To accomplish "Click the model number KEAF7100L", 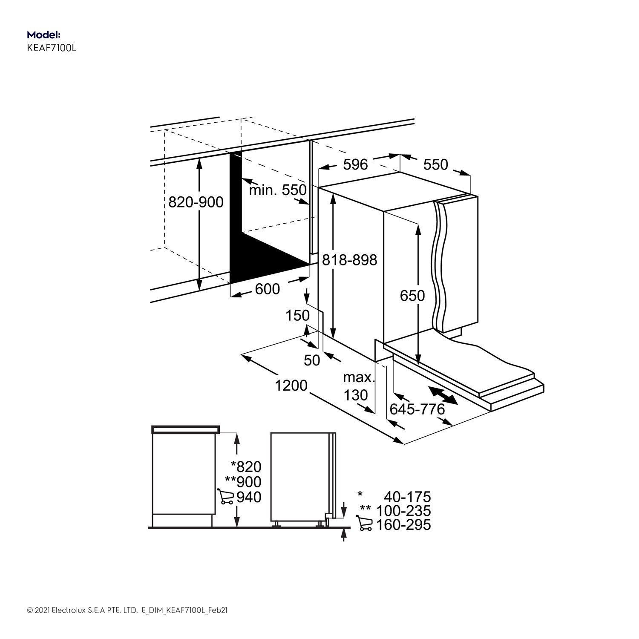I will coord(52,48).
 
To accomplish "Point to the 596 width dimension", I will coord(355,164).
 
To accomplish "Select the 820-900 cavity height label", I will coord(196,202).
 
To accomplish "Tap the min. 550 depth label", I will coord(277,190).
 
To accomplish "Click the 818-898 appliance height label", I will coord(349,259).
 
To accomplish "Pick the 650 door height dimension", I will coord(412,295).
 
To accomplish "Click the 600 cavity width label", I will coord(268,289).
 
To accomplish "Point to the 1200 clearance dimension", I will coord(291,385).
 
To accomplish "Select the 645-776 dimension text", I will coord(417,409).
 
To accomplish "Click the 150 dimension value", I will coord(297,316).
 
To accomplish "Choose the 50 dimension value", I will coord(312,360).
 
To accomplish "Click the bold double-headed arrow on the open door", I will coord(443,395).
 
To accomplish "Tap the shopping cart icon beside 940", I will coord(226,497).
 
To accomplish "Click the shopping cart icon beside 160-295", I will coord(364,524).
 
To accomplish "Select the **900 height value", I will coord(243,482).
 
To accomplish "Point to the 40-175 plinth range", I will coord(407,497).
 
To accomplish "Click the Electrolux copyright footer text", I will coord(127,610).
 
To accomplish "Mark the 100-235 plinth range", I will coord(403,510).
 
